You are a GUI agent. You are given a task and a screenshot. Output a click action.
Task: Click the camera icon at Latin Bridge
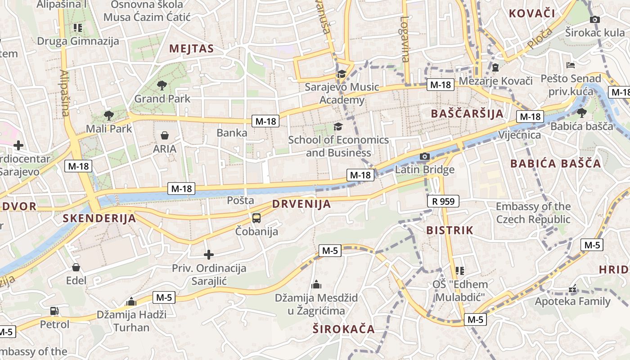(424, 157)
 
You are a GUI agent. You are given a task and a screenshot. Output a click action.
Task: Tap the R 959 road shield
(443, 201)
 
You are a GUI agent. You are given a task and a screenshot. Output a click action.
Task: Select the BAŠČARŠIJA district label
(467, 113)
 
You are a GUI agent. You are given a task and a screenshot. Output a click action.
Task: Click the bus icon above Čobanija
(256, 218)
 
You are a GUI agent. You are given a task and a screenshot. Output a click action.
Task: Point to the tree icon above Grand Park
(162, 85)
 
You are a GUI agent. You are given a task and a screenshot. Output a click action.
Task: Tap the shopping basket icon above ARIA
(165, 135)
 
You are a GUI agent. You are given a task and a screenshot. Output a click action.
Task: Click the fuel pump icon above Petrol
(54, 311)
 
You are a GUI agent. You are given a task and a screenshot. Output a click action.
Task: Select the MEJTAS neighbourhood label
(191, 49)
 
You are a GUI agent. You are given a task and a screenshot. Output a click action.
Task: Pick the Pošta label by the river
(241, 200)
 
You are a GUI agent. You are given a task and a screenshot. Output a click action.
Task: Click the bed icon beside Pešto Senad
(571, 65)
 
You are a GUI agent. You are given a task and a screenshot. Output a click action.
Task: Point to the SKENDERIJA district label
(99, 219)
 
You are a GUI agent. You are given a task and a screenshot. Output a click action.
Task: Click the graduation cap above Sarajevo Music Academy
(342, 74)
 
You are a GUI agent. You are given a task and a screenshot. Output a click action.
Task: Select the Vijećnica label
(519, 135)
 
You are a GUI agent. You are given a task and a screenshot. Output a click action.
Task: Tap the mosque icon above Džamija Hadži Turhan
(131, 301)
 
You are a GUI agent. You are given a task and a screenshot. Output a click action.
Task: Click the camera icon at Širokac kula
(595, 19)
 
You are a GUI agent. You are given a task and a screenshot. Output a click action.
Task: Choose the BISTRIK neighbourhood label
(450, 230)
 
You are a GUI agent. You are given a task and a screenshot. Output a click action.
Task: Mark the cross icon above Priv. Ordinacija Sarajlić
(209, 255)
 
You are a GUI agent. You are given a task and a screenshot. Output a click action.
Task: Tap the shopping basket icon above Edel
(76, 267)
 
